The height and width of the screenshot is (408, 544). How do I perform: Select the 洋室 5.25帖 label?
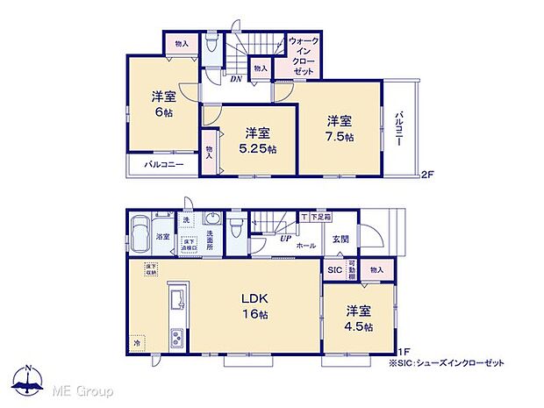tap(255, 140)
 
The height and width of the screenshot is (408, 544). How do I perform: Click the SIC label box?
tap(334, 271)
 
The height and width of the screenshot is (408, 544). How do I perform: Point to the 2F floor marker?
tap(426, 172)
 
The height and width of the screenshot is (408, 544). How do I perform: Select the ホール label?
tap(306, 247)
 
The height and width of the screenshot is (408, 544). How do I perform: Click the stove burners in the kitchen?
tap(175, 337)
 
